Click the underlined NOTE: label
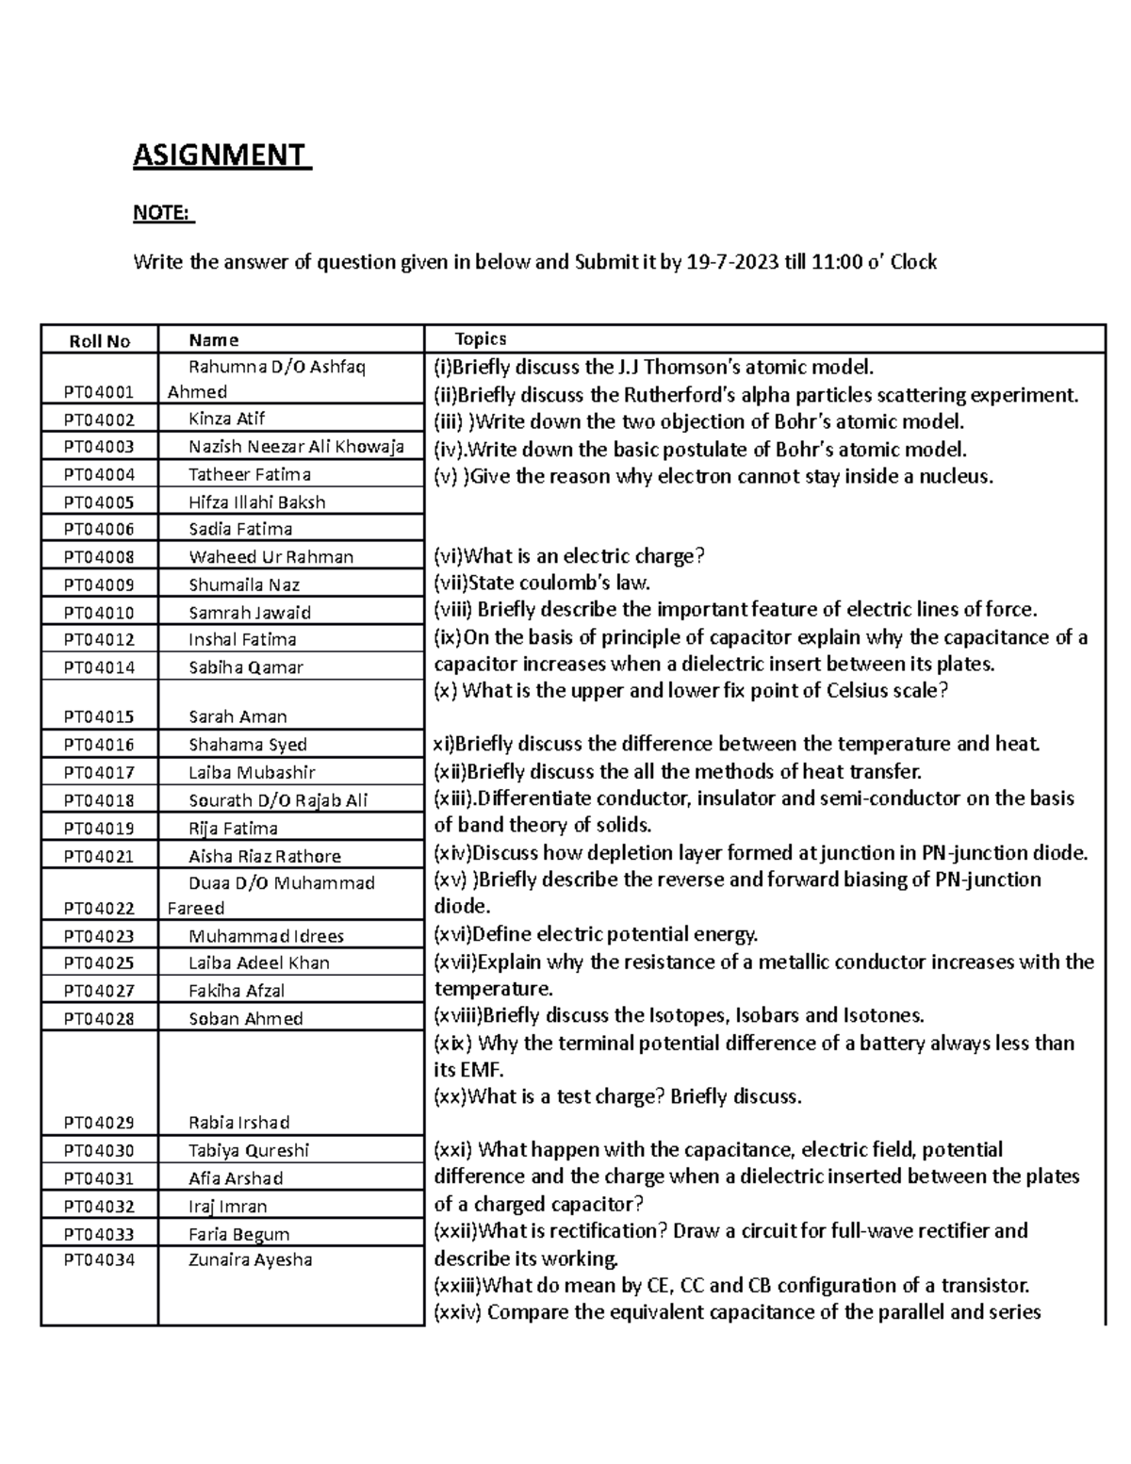click(x=163, y=213)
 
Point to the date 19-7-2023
click(x=733, y=262)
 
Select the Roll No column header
click(x=99, y=341)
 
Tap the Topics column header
click(x=481, y=339)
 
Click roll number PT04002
click(x=99, y=419)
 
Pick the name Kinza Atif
click(x=226, y=419)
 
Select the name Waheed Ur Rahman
click(x=270, y=557)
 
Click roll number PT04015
click(x=99, y=716)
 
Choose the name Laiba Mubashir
click(x=251, y=772)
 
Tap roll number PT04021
click(x=99, y=856)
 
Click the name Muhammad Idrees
click(x=266, y=936)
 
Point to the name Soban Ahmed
click(x=245, y=1018)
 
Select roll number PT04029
click(x=99, y=1123)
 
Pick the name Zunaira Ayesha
click(x=250, y=1259)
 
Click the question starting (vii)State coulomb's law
click(x=542, y=583)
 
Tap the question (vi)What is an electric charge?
click(x=568, y=556)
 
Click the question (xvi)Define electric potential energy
click(x=596, y=935)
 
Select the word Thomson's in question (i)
click(x=722, y=367)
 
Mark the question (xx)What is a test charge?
click(x=617, y=1096)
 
